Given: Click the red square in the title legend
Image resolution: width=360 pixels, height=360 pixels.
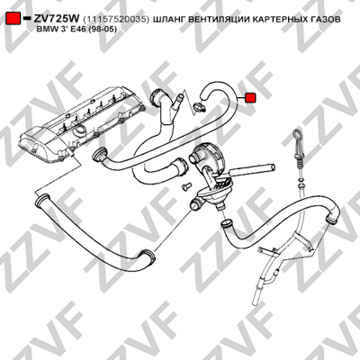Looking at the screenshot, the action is click(13, 18).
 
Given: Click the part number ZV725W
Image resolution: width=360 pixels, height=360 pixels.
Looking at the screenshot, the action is click(56, 19).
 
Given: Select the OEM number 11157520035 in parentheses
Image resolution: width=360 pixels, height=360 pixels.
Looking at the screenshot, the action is click(116, 20).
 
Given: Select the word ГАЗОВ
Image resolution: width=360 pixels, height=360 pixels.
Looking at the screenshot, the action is click(327, 20).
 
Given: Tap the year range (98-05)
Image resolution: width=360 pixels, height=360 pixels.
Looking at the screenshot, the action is click(101, 30).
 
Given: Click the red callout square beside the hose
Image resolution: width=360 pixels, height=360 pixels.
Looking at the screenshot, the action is click(250, 98).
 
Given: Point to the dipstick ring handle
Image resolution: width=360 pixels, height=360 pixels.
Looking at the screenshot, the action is click(296, 133).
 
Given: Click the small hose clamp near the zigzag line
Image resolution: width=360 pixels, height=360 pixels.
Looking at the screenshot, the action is click(199, 106).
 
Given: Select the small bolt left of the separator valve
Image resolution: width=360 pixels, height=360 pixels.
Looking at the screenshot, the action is click(185, 185).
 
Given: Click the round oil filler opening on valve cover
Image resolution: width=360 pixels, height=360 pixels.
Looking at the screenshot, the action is click(80, 130).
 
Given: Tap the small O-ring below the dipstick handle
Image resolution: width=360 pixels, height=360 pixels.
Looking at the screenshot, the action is click(301, 179).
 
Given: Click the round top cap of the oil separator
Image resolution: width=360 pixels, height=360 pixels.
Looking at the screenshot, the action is click(207, 150).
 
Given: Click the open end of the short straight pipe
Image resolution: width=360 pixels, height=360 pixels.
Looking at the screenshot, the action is click(272, 166).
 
